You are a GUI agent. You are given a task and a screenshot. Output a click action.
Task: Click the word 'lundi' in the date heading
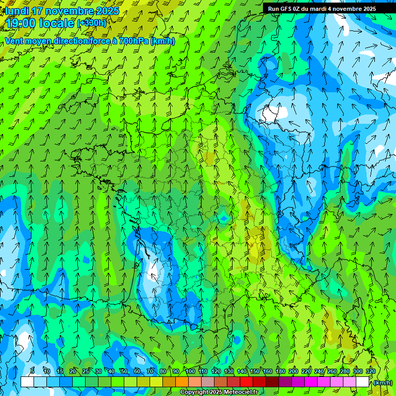pyautogui.click(x=17, y=11)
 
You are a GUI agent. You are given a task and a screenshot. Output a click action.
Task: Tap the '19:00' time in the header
pyautogui.click(x=22, y=23)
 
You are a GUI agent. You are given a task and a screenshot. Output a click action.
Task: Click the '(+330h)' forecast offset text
pyautogui.click(x=91, y=23)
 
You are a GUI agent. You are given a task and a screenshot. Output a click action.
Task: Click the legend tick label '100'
pyautogui.click(x=190, y=371)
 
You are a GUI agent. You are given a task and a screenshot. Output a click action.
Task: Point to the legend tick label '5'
pyautogui.click(x=32, y=371)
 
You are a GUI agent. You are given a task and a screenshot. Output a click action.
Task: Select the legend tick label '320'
pyautogui.click(x=370, y=371)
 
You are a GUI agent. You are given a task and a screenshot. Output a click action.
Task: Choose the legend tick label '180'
pyautogui.click(x=280, y=371)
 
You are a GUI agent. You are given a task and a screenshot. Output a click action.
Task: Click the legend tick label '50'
pyautogui.click(x=124, y=371)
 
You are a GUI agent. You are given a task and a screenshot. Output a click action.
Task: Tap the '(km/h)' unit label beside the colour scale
pyautogui.click(x=383, y=383)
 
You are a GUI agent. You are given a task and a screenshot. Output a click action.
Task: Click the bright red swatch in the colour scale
pyautogui.click(x=246, y=382)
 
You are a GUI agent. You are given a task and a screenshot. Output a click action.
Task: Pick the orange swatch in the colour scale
pyautogui.click(x=182, y=382)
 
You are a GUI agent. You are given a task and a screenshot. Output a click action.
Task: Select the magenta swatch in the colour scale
pyautogui.click(x=311, y=382)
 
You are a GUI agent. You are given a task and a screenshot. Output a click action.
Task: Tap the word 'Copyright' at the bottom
pyautogui.click(x=194, y=392)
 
